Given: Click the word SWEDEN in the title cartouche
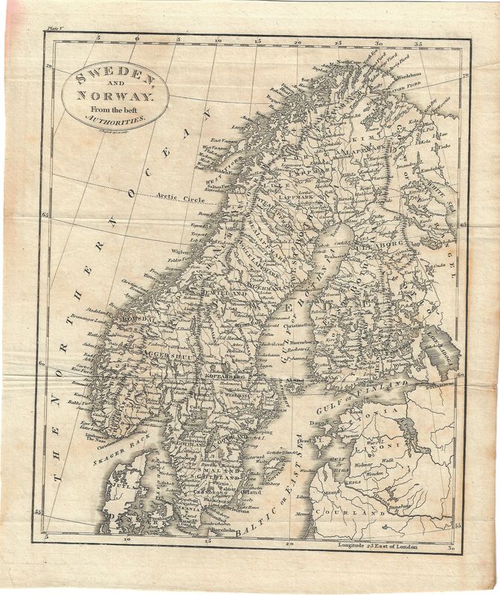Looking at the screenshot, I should [x=112, y=77].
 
